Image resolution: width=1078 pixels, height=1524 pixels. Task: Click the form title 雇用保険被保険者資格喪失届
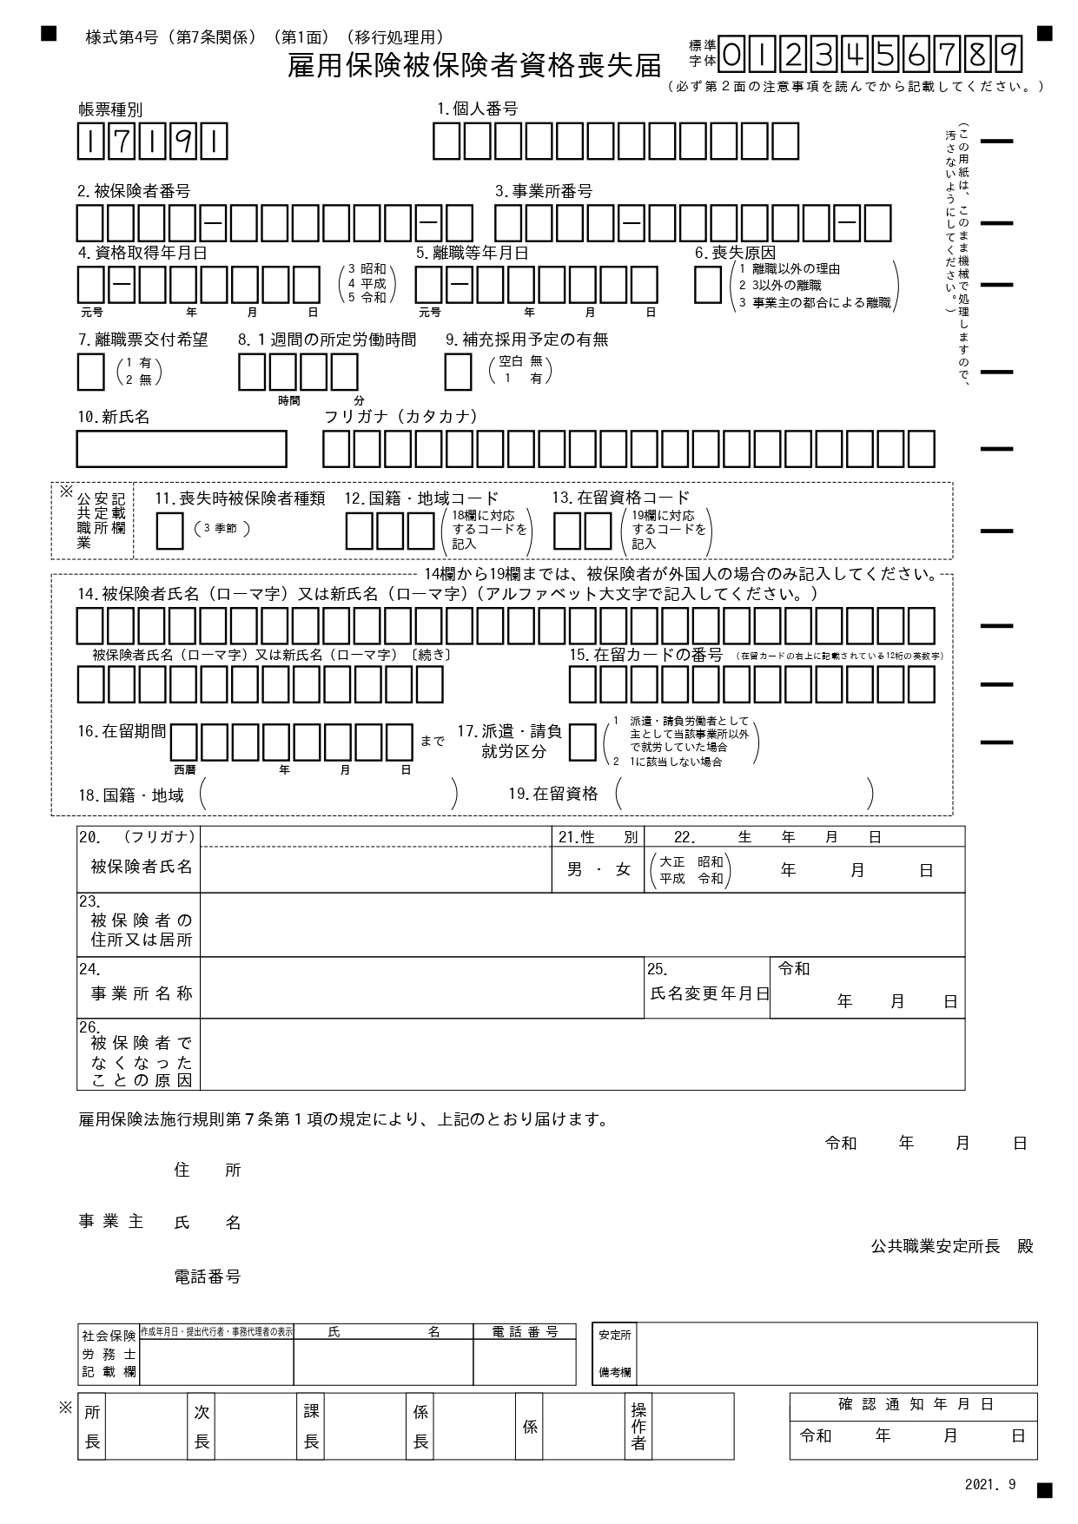473,65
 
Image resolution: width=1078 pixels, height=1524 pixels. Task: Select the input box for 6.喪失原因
708,285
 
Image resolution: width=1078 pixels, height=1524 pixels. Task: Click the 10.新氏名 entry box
182,449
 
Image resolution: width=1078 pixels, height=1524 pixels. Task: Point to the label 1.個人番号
477,109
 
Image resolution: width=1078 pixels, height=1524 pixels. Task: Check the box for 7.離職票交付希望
91,372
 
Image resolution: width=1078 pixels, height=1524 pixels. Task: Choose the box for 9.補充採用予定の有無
458,372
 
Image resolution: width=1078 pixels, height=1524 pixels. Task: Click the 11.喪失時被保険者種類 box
169,531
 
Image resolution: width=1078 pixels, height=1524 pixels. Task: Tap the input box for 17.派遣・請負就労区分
583,743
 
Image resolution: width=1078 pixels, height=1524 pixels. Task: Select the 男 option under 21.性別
575,869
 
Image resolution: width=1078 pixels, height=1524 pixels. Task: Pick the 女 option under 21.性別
623,869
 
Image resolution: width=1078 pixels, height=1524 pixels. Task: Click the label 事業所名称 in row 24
141,993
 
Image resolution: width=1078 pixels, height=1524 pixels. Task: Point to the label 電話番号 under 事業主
207,1277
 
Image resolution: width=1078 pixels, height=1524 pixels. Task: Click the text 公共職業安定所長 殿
952,1246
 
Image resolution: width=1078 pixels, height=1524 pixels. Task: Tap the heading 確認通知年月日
915,1404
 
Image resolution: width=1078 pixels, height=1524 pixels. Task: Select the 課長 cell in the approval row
311,1427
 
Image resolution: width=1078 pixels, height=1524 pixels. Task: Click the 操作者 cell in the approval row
638,1427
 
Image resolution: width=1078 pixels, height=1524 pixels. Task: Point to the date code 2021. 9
989,1484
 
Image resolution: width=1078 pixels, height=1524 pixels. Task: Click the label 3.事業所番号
544,191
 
